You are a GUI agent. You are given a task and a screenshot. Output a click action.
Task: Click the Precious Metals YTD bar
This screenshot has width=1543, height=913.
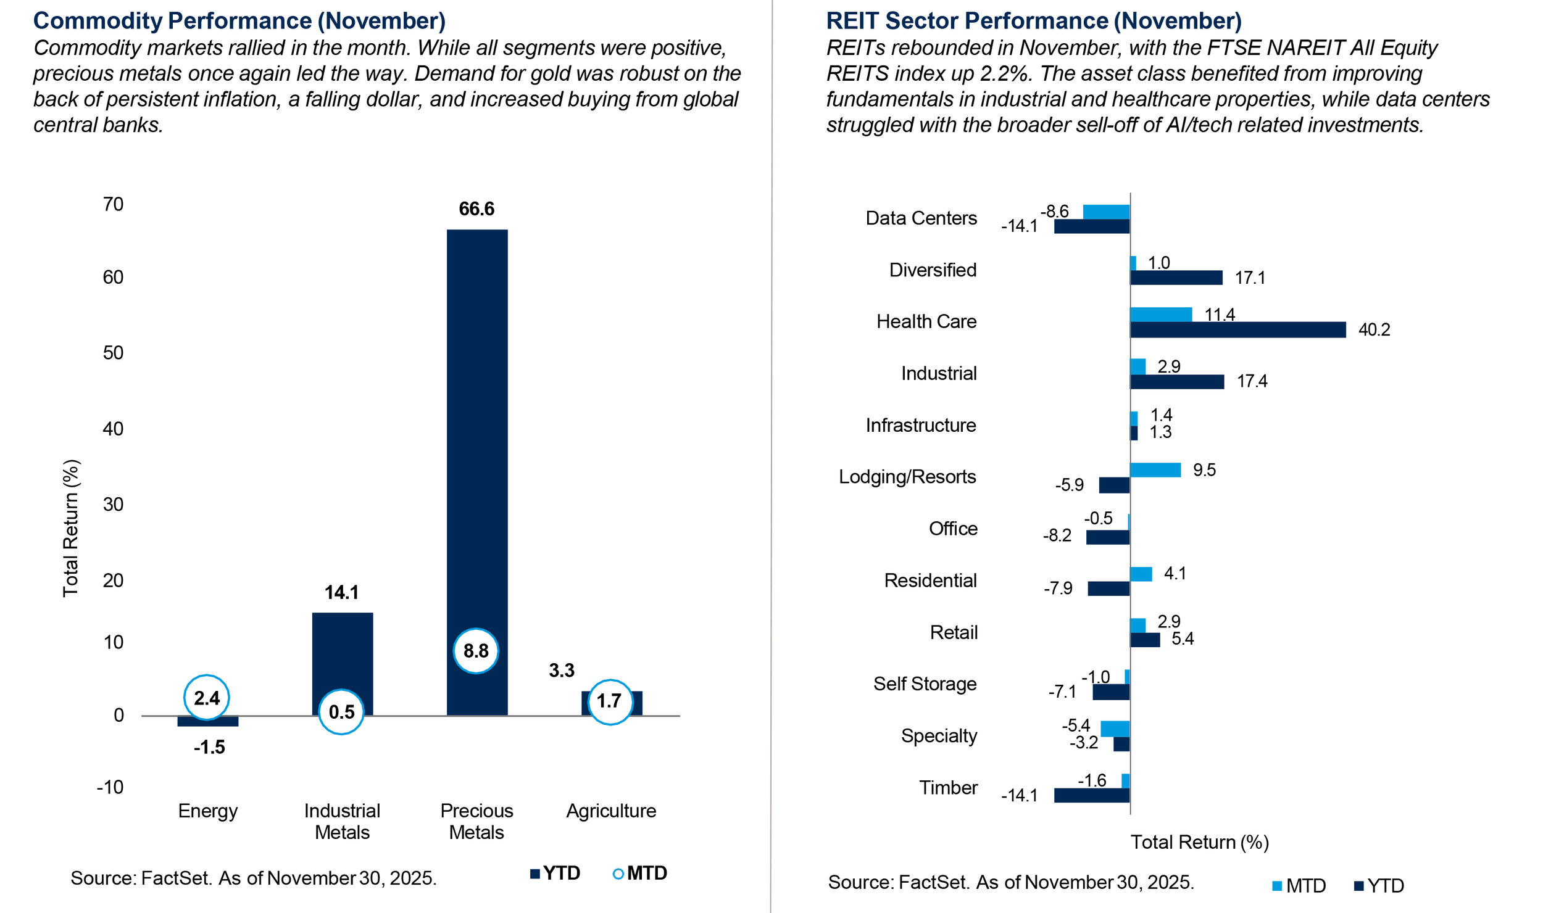476,432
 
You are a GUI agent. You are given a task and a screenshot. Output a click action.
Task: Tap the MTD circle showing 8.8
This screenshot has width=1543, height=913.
475,651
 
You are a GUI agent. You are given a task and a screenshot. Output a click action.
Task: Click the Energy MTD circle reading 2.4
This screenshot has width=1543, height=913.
207,698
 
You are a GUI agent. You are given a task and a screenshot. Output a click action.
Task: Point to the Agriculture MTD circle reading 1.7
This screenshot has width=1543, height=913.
610,701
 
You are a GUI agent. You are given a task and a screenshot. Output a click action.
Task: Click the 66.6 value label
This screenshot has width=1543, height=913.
476,209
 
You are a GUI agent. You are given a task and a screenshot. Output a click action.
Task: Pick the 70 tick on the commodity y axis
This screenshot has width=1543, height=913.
114,204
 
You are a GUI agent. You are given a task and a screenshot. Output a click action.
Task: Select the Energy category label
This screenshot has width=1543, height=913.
208,811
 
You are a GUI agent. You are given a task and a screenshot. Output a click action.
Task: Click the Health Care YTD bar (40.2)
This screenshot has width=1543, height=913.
1237,330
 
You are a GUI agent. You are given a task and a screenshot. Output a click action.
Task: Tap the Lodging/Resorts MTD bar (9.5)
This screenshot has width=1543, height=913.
1155,470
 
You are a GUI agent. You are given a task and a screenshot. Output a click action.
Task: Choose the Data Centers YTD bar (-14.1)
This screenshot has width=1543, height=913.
1091,226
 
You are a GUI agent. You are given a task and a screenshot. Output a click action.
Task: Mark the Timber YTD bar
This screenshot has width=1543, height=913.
1091,796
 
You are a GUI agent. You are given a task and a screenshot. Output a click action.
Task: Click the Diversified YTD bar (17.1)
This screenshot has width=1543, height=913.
1176,278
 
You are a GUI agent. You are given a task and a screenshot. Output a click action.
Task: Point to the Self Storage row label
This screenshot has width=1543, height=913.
925,684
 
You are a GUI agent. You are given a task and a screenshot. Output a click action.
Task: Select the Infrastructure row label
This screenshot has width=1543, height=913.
920,425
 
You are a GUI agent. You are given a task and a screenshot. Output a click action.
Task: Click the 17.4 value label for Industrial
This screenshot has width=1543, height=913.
1252,381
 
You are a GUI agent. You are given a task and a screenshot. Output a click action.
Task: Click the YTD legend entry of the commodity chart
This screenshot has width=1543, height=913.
555,874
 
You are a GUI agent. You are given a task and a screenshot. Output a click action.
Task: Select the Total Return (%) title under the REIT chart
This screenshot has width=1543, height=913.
1199,843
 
